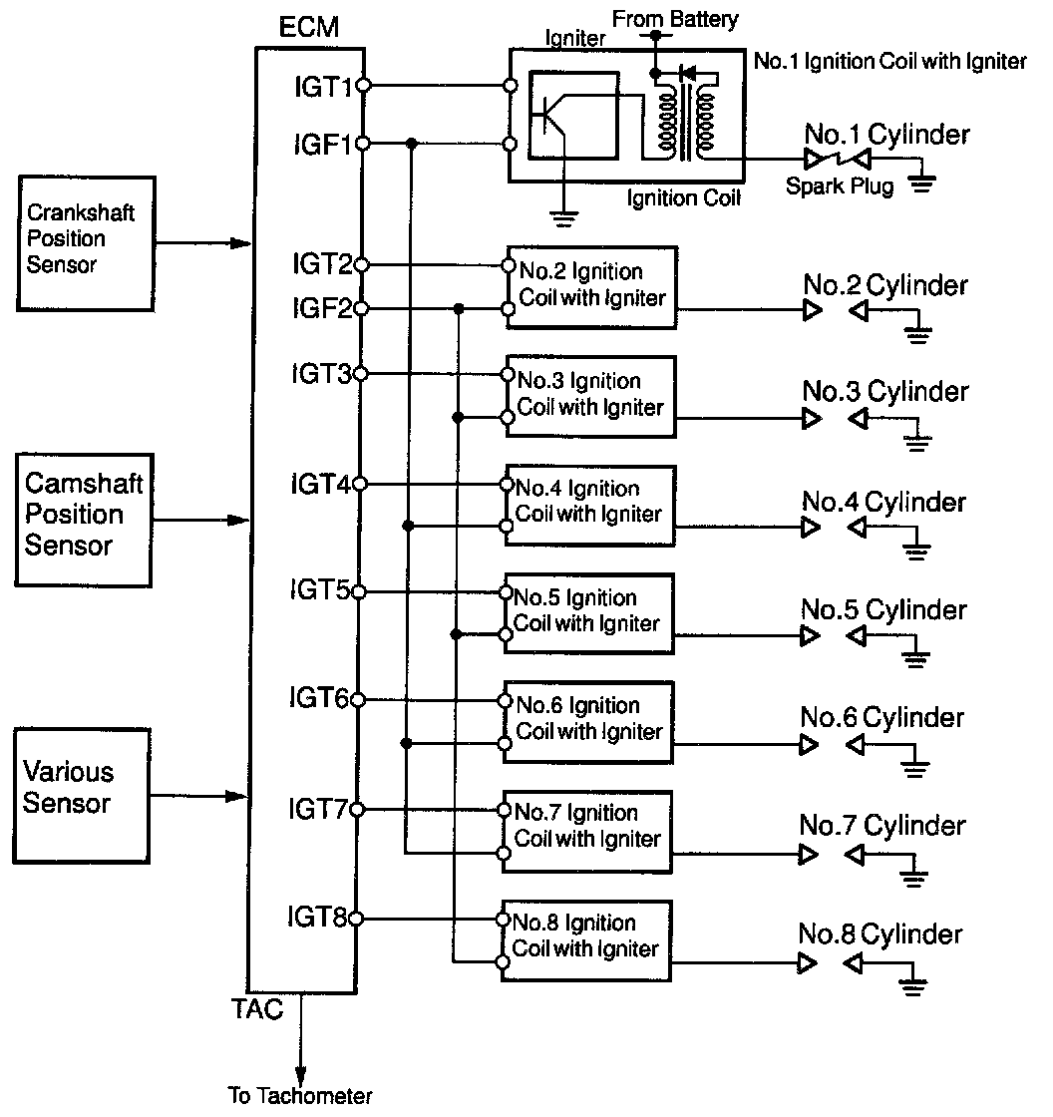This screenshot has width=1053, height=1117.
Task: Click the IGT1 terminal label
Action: (x=323, y=87)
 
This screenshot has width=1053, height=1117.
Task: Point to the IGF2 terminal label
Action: (x=322, y=308)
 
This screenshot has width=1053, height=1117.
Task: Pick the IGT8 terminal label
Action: (x=317, y=917)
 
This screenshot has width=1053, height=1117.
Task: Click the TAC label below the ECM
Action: (x=257, y=1008)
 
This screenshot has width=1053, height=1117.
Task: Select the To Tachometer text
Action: (x=300, y=1095)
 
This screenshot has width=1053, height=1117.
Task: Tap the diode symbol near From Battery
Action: (x=687, y=73)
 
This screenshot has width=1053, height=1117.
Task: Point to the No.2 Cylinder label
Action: (x=885, y=285)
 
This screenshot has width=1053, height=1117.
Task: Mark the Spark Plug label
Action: (x=840, y=186)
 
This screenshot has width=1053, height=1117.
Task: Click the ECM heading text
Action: (x=309, y=27)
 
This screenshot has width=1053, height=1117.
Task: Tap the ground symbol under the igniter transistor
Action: (x=563, y=218)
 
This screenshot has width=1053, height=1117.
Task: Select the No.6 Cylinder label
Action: (x=882, y=717)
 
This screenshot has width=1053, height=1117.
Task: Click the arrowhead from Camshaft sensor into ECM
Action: (x=238, y=520)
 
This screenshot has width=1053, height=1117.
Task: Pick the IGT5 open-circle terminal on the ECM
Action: (x=359, y=591)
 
